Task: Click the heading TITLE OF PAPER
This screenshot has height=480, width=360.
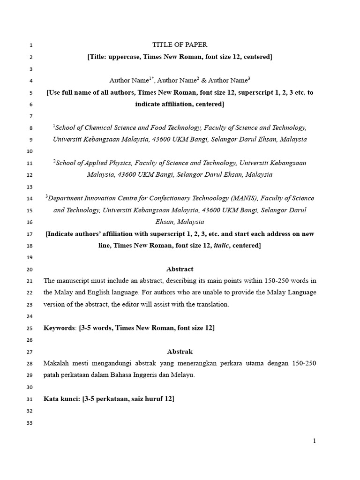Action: coord(180,45)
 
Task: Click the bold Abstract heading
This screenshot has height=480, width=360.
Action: coord(180,269)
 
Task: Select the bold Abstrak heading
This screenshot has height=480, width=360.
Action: coord(180,351)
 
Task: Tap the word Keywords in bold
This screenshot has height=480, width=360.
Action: coord(59,328)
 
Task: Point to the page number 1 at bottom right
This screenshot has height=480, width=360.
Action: coord(315,441)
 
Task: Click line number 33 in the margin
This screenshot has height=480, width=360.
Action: coord(30,422)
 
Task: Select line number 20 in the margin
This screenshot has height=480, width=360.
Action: coord(30,270)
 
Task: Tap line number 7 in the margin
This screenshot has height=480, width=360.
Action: coord(30,116)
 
